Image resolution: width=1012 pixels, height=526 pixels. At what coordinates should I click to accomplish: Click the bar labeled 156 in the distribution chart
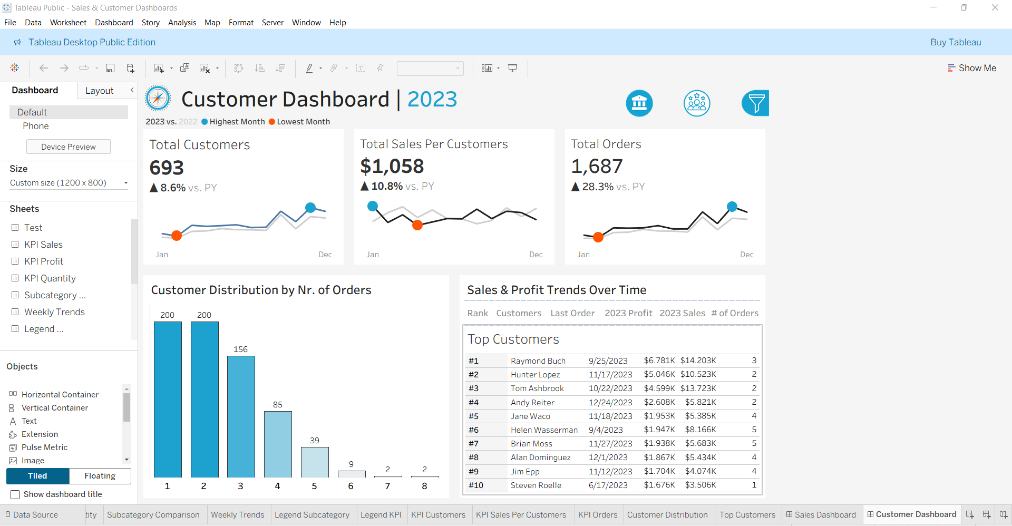(x=241, y=416)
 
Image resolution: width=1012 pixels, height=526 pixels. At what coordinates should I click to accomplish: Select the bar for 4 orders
(x=278, y=444)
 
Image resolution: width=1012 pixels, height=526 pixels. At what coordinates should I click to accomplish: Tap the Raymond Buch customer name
(x=538, y=361)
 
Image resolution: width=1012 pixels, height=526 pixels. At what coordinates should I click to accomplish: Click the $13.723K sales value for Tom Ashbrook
(x=698, y=388)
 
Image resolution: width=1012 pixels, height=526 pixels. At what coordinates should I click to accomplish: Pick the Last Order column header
(x=572, y=313)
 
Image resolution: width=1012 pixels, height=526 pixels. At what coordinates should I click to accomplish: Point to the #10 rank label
(x=475, y=485)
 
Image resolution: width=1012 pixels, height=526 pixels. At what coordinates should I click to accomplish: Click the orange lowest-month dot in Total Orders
(x=598, y=237)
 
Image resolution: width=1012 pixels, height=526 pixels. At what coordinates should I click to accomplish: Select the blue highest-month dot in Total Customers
(x=310, y=208)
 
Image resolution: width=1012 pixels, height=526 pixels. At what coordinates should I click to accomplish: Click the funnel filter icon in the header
(x=755, y=103)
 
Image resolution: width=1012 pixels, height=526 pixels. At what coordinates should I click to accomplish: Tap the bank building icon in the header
(x=639, y=103)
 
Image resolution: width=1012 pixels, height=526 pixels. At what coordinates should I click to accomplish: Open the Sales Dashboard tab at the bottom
(x=824, y=515)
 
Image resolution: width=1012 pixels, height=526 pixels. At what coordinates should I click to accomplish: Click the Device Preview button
(x=69, y=147)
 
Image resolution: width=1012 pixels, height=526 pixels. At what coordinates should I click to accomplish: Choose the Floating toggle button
(x=100, y=476)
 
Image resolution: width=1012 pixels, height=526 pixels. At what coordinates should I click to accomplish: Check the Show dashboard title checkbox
(x=15, y=494)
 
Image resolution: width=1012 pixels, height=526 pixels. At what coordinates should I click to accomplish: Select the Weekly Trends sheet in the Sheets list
(x=54, y=312)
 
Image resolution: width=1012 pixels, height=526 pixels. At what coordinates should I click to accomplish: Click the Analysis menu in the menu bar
(x=182, y=23)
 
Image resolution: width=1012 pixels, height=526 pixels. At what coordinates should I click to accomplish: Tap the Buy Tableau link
(x=956, y=42)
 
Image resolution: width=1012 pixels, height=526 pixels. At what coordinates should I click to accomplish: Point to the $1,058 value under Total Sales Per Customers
(x=392, y=167)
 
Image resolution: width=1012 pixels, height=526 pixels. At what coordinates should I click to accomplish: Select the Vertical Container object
(x=54, y=408)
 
